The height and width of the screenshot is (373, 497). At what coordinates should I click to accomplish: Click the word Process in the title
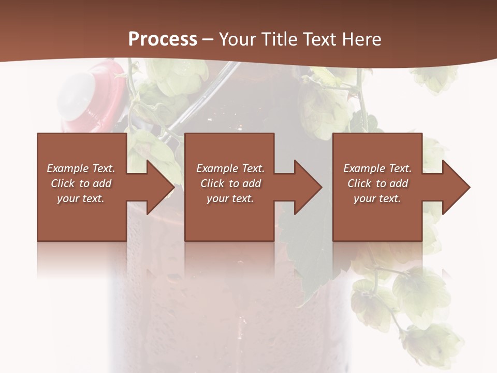tap(163, 39)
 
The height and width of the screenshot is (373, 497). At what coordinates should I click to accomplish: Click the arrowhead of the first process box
tap(160, 187)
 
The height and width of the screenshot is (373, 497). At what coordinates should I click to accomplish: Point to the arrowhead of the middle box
tap(308, 187)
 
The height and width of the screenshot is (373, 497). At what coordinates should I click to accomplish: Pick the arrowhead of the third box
tap(456, 187)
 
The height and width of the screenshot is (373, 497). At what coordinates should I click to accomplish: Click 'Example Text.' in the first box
tap(81, 168)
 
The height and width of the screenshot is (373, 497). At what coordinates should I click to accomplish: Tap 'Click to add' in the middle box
tap(230, 183)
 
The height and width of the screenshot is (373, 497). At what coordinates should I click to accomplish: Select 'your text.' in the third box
tap(377, 198)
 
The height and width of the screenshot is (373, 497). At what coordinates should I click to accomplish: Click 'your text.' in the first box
tap(81, 198)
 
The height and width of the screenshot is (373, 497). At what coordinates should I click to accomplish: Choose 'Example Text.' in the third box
tap(377, 168)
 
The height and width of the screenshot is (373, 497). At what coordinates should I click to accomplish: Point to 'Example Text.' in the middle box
tap(230, 168)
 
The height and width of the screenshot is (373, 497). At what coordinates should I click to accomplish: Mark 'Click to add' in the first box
tap(81, 183)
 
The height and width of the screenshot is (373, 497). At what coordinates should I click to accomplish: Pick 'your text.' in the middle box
tap(230, 198)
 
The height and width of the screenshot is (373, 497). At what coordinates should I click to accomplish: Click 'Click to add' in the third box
tap(377, 183)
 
